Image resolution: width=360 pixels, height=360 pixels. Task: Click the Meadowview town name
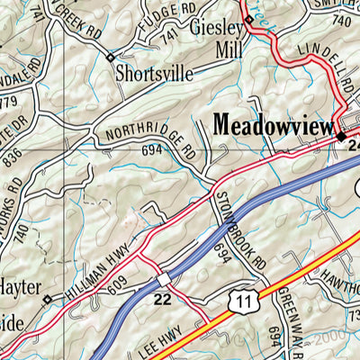[x=274, y=125]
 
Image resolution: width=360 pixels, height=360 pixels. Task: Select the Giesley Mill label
[x=217, y=39]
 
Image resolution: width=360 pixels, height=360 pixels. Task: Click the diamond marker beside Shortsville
[x=110, y=57]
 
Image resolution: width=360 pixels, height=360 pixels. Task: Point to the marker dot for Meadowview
[x=341, y=136]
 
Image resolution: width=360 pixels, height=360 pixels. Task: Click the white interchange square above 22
[x=164, y=276]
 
